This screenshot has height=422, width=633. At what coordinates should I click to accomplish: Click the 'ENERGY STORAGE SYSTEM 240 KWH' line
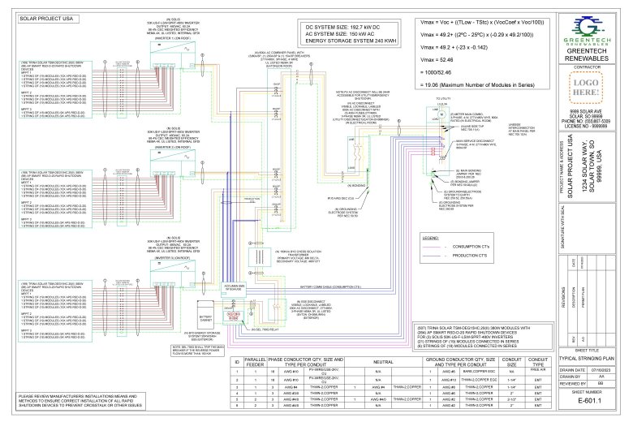pos(347,41)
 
